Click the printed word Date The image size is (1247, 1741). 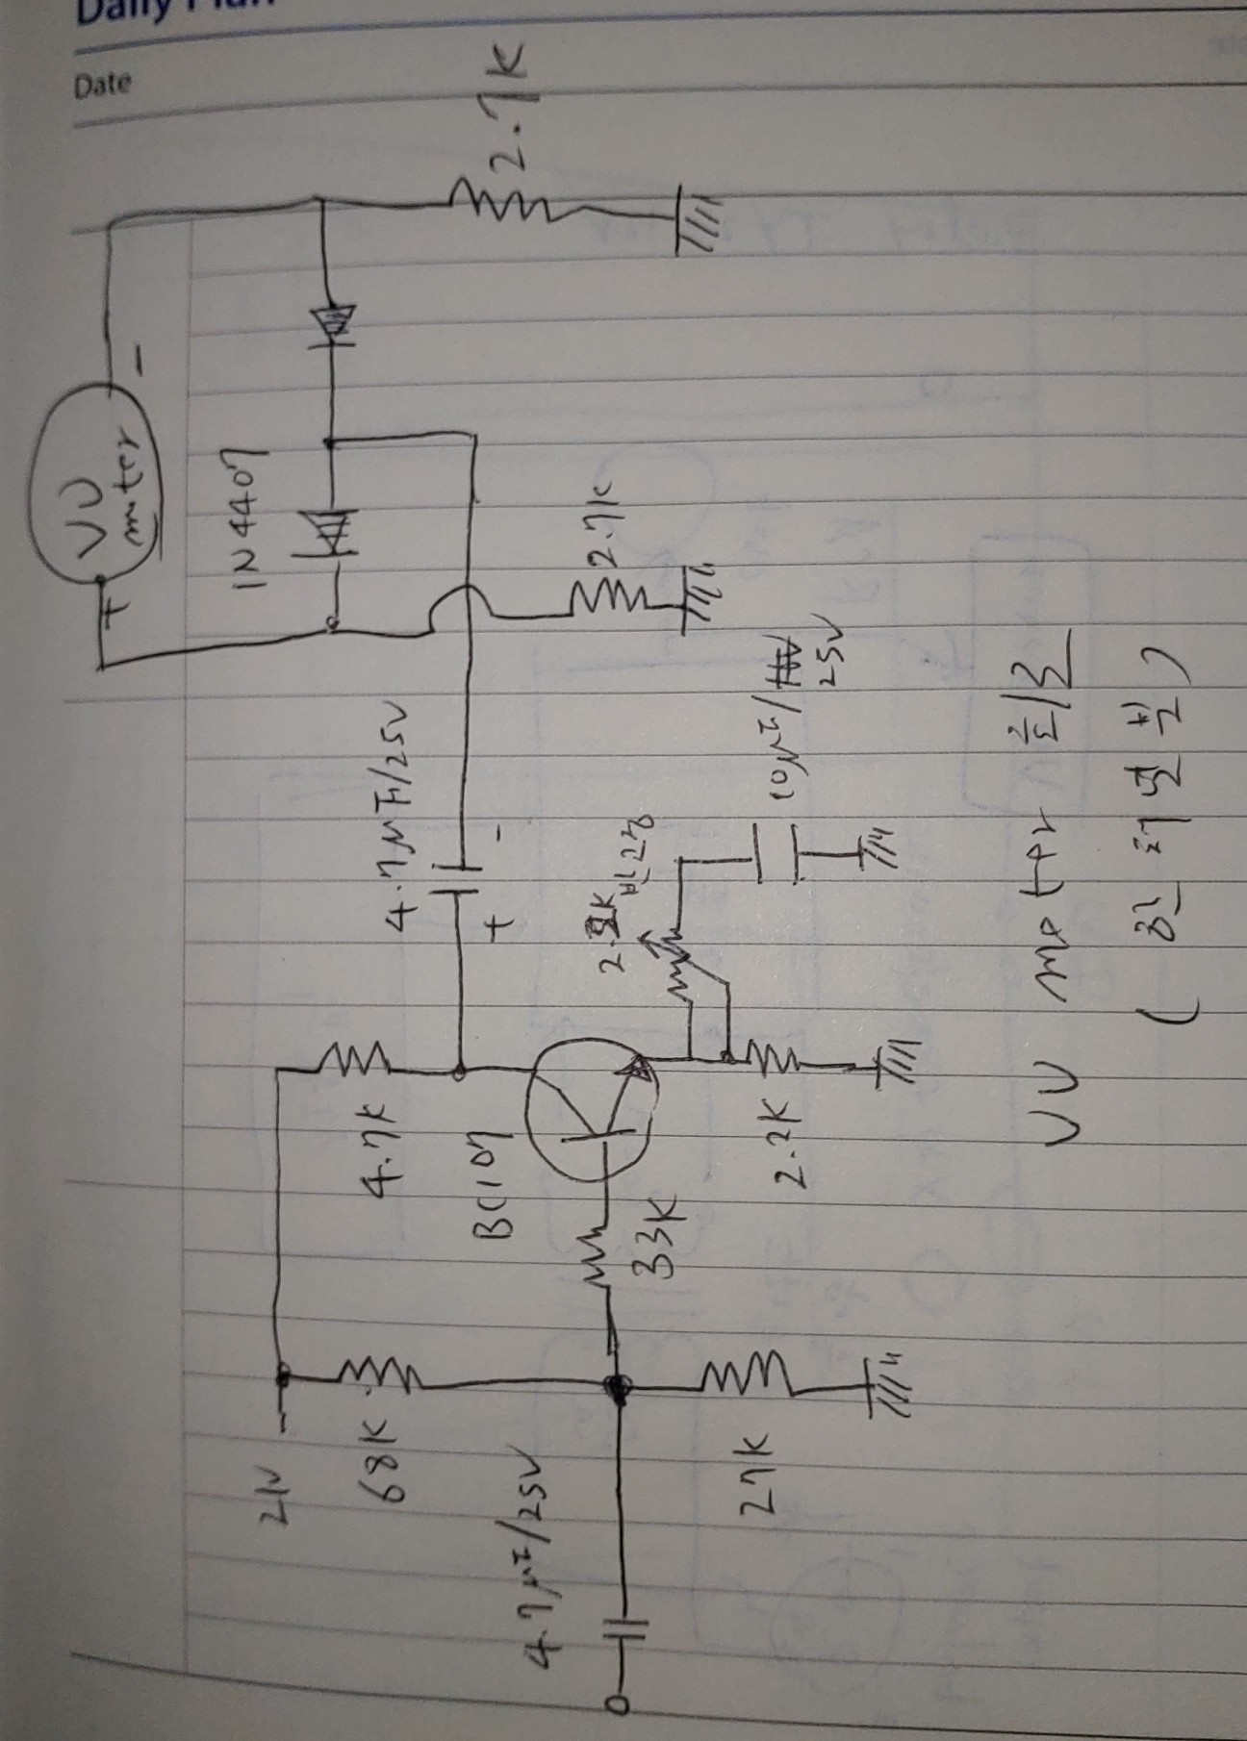pos(103,85)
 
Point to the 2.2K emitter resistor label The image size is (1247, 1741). pos(775,1129)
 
